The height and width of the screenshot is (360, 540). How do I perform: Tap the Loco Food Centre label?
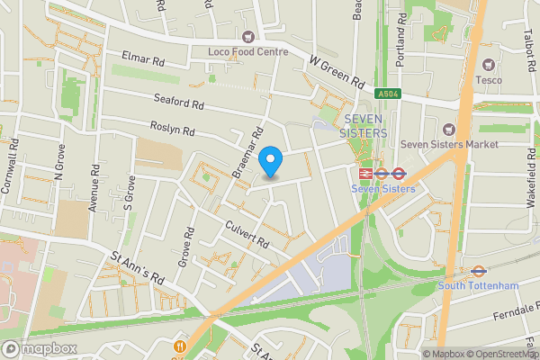tap(248, 51)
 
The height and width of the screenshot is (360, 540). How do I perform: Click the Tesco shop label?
tap(490, 80)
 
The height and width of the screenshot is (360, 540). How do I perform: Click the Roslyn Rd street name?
tap(173, 130)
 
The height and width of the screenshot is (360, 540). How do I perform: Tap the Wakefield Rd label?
tap(531, 180)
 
